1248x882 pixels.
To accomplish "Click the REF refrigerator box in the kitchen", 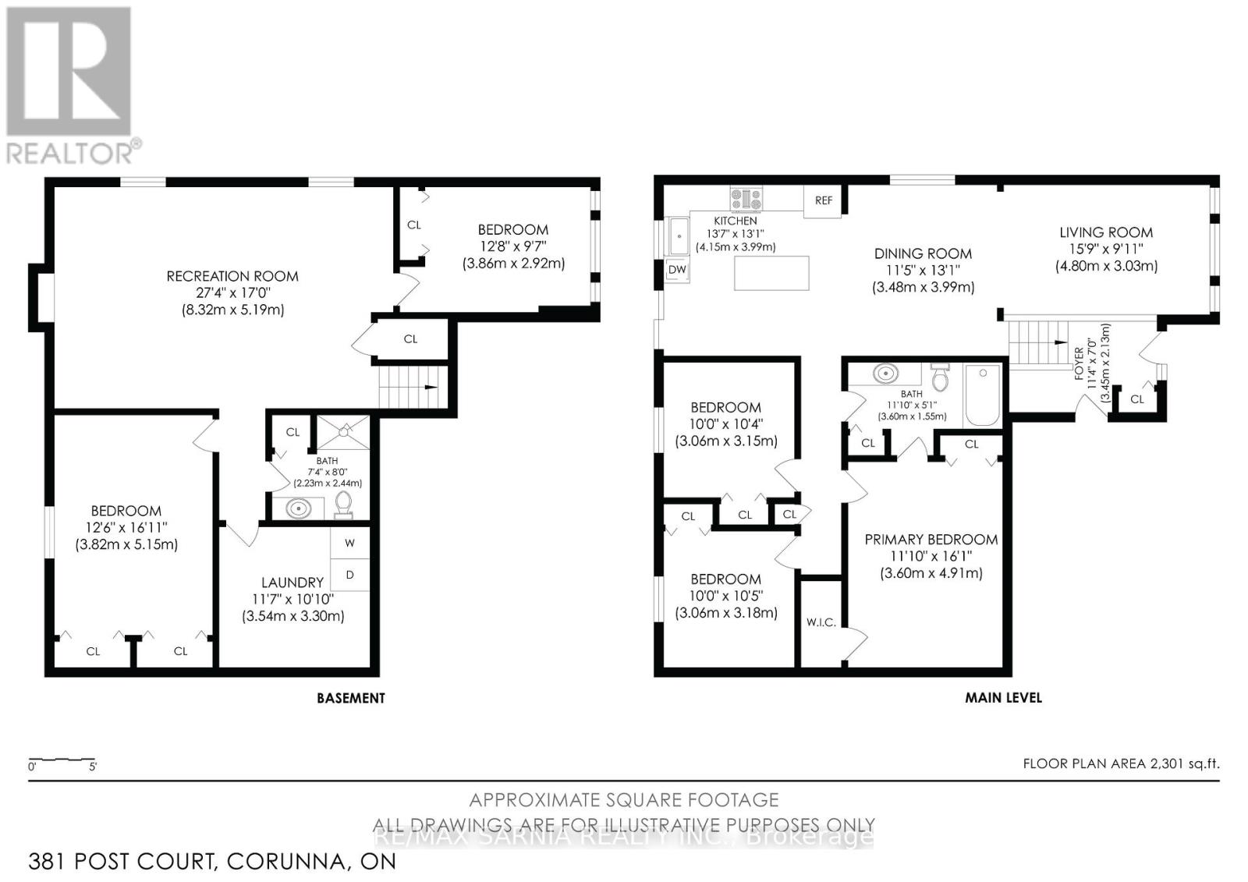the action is pos(822,200).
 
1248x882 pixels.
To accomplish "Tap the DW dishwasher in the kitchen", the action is pos(677,270).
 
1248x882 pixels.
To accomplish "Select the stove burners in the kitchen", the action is pos(746,200).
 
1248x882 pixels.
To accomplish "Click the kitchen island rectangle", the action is pos(771,273).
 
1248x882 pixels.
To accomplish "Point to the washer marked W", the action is pos(350,544).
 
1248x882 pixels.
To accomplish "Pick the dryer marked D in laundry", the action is pos(350,575).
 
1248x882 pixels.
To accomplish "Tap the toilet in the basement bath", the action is pos(343,505).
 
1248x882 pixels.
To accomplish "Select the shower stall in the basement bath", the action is pos(343,432).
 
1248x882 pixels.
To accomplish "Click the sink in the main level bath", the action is pos(885,374).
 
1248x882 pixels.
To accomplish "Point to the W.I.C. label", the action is pos(821,622).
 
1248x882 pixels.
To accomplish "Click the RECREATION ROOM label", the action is pos(232,276).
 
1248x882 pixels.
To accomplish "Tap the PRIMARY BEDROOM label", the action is pos(931,540).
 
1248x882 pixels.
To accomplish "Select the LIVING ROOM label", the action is pos(1106,232).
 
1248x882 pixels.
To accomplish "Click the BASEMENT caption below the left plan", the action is pos(351,699).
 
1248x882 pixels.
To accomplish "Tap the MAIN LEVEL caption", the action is pos(1003,698).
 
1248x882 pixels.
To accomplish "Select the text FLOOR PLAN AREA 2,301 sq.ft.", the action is pos(1122,764).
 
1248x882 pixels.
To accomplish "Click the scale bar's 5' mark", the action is pos(93,767).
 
